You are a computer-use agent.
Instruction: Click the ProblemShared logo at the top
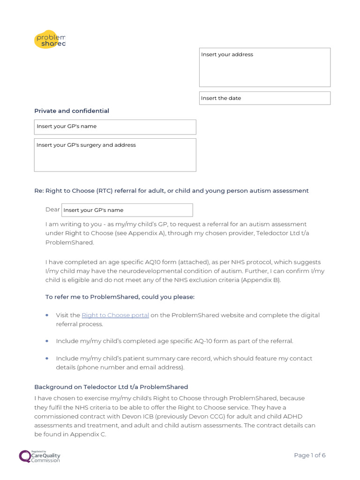point(50,39)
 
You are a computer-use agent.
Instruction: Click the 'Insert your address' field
point(264,67)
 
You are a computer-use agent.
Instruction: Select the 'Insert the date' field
point(264,98)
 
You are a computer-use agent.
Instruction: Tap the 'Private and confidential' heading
point(72,111)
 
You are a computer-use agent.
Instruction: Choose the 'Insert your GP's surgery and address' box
point(115,155)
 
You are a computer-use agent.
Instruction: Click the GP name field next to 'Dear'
point(127,210)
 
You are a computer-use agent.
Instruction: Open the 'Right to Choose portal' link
point(115,315)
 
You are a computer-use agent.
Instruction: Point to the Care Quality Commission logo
point(40,456)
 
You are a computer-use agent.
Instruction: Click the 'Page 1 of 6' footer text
point(309,455)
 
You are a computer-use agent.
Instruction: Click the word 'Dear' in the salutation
point(52,210)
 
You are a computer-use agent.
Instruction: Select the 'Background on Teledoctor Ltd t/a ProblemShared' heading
point(111,387)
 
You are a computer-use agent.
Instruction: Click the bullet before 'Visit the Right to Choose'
point(47,315)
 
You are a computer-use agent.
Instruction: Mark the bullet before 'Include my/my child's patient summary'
point(47,359)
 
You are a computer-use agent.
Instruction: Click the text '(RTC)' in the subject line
point(105,191)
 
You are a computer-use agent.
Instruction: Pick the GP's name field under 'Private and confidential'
point(115,127)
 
